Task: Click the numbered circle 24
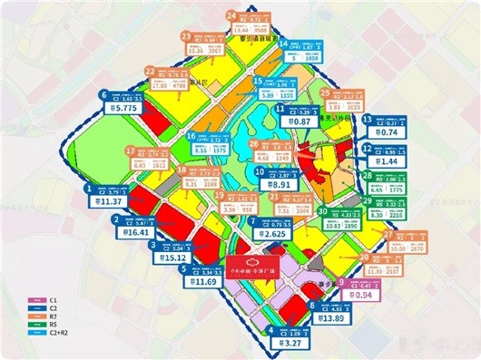click(x=231, y=15)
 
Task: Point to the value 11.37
click(x=110, y=202)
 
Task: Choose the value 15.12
click(x=175, y=257)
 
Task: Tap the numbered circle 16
click(x=191, y=137)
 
